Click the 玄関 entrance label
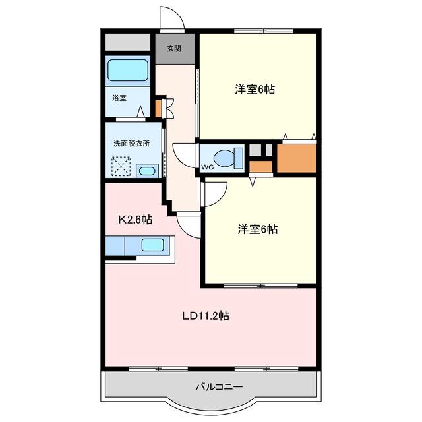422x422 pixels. (x=174, y=49)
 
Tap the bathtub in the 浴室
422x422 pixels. (x=128, y=70)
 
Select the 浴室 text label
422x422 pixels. (x=119, y=98)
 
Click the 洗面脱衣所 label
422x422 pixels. (x=132, y=144)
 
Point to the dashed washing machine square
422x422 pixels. (x=121, y=167)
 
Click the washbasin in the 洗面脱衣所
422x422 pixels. (x=147, y=171)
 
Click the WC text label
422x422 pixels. (x=207, y=167)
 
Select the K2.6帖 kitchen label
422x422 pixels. (x=135, y=220)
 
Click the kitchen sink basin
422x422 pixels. (x=152, y=245)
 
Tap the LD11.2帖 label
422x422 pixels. (x=206, y=316)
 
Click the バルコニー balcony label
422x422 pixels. (x=219, y=387)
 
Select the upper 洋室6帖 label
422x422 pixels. (x=255, y=90)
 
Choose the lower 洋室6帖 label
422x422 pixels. (x=258, y=229)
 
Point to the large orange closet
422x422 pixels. (x=297, y=158)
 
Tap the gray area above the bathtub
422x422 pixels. (x=128, y=42)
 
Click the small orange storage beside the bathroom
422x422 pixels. (x=158, y=109)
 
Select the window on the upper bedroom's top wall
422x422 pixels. (x=264, y=31)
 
